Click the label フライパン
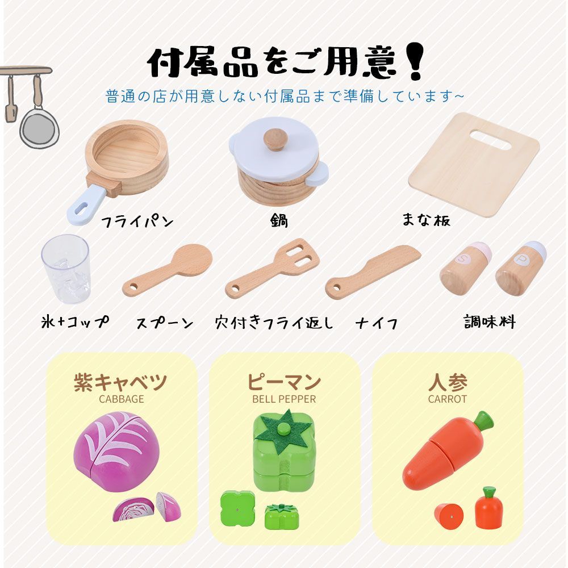click(136, 221)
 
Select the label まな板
click(426, 220)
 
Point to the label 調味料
click(489, 322)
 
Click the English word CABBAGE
click(122, 399)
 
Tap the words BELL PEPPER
click(284, 399)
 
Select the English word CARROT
click(448, 399)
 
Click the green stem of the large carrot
click(483, 421)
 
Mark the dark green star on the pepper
click(283, 431)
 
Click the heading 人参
click(448, 382)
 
